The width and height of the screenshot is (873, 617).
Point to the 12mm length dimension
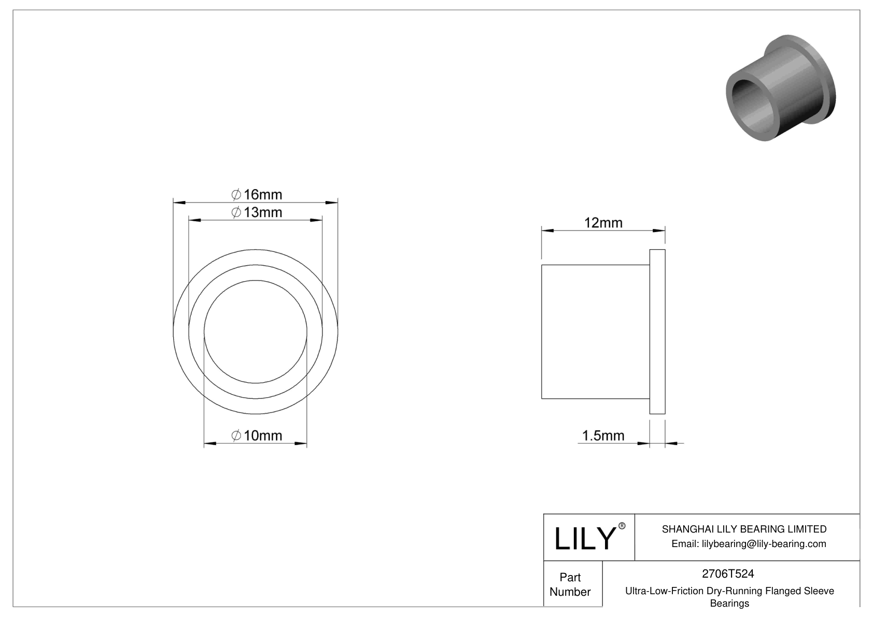[603, 223]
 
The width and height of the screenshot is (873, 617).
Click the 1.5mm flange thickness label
[603, 435]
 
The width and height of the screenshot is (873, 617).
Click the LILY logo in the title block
[584, 538]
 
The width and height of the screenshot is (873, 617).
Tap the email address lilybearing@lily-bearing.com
[749, 543]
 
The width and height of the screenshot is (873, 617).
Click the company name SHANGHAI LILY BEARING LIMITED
[744, 529]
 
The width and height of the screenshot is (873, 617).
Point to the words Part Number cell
[570, 584]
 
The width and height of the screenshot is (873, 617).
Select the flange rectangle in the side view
[657, 332]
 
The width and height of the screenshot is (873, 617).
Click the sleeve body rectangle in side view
[595, 332]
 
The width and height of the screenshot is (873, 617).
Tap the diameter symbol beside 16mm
[236, 195]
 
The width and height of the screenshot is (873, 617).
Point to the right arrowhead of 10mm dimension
[301, 443]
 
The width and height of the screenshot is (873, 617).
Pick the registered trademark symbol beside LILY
[622, 526]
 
